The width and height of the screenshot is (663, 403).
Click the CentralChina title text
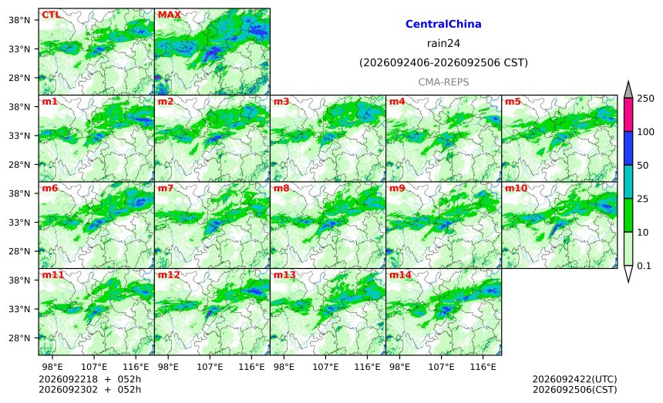pos(443,24)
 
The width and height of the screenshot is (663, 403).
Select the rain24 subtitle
pos(443,43)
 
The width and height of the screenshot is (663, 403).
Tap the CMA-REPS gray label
pos(443,82)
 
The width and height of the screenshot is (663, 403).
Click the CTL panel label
pos(51,15)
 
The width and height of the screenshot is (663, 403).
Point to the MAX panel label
pos(169,15)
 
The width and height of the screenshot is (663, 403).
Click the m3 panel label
pos(281,102)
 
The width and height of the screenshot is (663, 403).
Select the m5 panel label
pos(513,102)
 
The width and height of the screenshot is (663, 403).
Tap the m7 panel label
pos(165,188)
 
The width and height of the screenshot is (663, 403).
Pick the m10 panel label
pos(516,188)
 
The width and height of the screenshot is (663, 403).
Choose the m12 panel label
pos(169,274)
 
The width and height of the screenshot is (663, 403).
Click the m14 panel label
pos(400,274)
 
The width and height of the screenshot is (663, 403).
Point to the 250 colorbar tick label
pos(645,99)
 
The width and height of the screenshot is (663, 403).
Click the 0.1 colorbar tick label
pos(644,266)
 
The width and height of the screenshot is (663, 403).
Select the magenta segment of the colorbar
pos(628,115)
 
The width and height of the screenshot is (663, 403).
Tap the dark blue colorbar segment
pos(628,148)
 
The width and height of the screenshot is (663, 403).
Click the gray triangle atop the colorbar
pos(628,90)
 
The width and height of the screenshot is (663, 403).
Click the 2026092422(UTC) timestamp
pos(574,379)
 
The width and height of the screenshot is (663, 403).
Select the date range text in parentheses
pos(443,62)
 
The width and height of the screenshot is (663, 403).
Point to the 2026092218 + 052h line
pos(89,379)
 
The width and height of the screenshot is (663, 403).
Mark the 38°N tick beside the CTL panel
pos(19,20)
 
